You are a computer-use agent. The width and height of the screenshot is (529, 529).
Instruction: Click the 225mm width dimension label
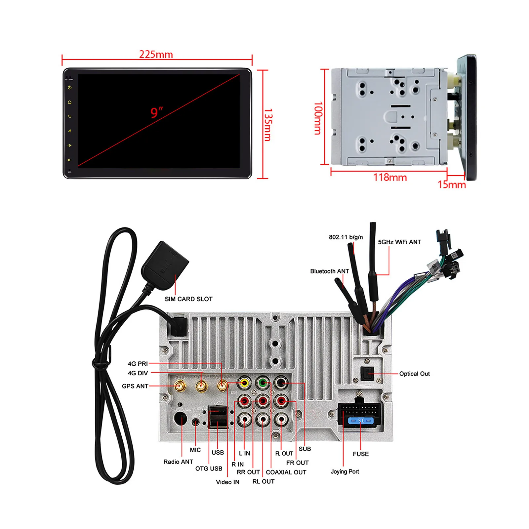tap(156, 54)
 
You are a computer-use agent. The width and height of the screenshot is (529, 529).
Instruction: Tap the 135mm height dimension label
tap(268, 125)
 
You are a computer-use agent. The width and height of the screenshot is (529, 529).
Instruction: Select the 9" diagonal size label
tap(157, 112)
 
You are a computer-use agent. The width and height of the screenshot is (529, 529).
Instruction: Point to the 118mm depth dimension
tap(390, 178)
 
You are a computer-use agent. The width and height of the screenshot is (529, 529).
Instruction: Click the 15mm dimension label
tap(452, 184)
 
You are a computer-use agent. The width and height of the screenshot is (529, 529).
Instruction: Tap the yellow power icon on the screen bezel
tap(69, 88)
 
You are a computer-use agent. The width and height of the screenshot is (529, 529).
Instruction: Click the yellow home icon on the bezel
tap(69, 102)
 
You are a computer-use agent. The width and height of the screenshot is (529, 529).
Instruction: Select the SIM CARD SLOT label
tap(188, 299)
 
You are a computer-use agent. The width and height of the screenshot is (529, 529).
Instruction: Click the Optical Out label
tap(414, 374)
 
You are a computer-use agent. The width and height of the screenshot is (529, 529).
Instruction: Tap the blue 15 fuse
tap(361, 421)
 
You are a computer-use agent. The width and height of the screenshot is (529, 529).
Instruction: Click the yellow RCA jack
tap(244, 383)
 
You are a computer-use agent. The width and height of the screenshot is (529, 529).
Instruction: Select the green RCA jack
tap(263, 383)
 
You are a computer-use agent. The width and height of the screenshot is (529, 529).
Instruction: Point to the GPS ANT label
tap(135, 386)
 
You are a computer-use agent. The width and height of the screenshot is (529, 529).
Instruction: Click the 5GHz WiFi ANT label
tap(399, 242)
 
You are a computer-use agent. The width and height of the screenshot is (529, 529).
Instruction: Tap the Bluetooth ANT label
tap(329, 271)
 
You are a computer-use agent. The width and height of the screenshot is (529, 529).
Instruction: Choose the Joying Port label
tap(345, 471)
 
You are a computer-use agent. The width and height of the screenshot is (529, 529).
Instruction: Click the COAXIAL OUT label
tap(286, 472)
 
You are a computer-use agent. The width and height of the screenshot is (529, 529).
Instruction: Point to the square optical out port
tap(367, 374)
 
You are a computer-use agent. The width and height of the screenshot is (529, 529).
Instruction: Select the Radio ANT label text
tap(178, 462)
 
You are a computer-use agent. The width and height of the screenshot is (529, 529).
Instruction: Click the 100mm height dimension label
tap(318, 118)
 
